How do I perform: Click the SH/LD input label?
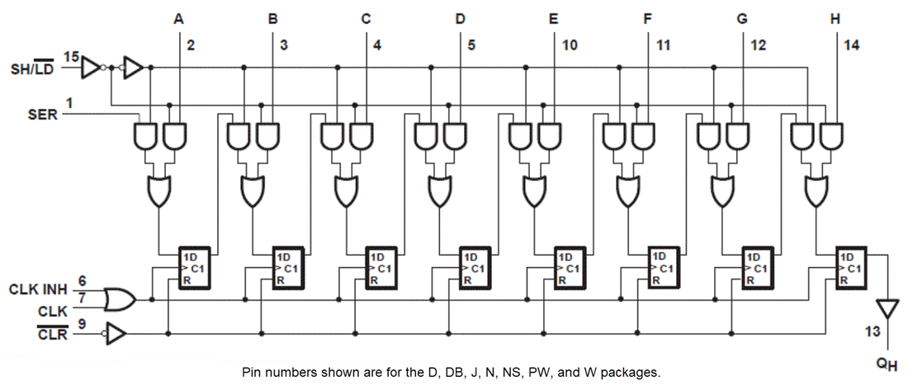click(x=31, y=69)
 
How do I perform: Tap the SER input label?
click(x=44, y=115)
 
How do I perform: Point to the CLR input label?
click(x=46, y=334)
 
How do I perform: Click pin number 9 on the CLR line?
click(x=83, y=324)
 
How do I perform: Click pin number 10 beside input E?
click(x=570, y=45)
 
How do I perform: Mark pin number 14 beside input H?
click(x=852, y=45)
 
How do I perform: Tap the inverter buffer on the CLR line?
click(x=116, y=334)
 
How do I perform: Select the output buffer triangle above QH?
click(x=887, y=308)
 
